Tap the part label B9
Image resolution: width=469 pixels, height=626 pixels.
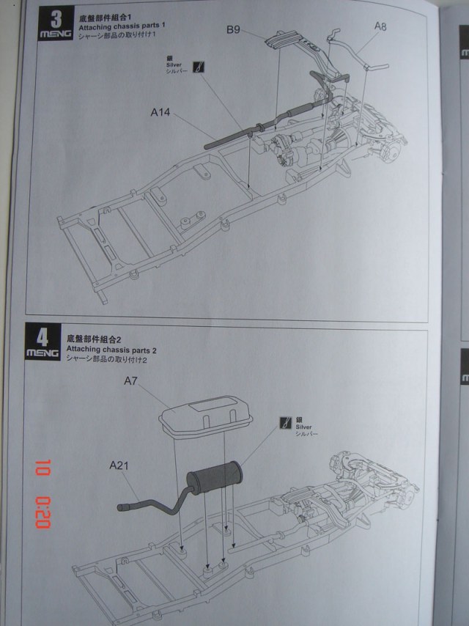(234, 29)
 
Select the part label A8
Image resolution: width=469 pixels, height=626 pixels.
(380, 26)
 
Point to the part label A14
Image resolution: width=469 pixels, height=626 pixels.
(160, 112)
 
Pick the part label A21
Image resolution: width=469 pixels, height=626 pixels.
(119, 465)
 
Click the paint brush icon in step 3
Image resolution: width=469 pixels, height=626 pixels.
(199, 67)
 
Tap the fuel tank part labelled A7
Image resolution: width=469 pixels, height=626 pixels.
(205, 413)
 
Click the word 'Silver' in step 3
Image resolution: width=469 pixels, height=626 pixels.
(174, 65)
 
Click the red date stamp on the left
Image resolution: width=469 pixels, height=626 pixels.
(42, 495)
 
